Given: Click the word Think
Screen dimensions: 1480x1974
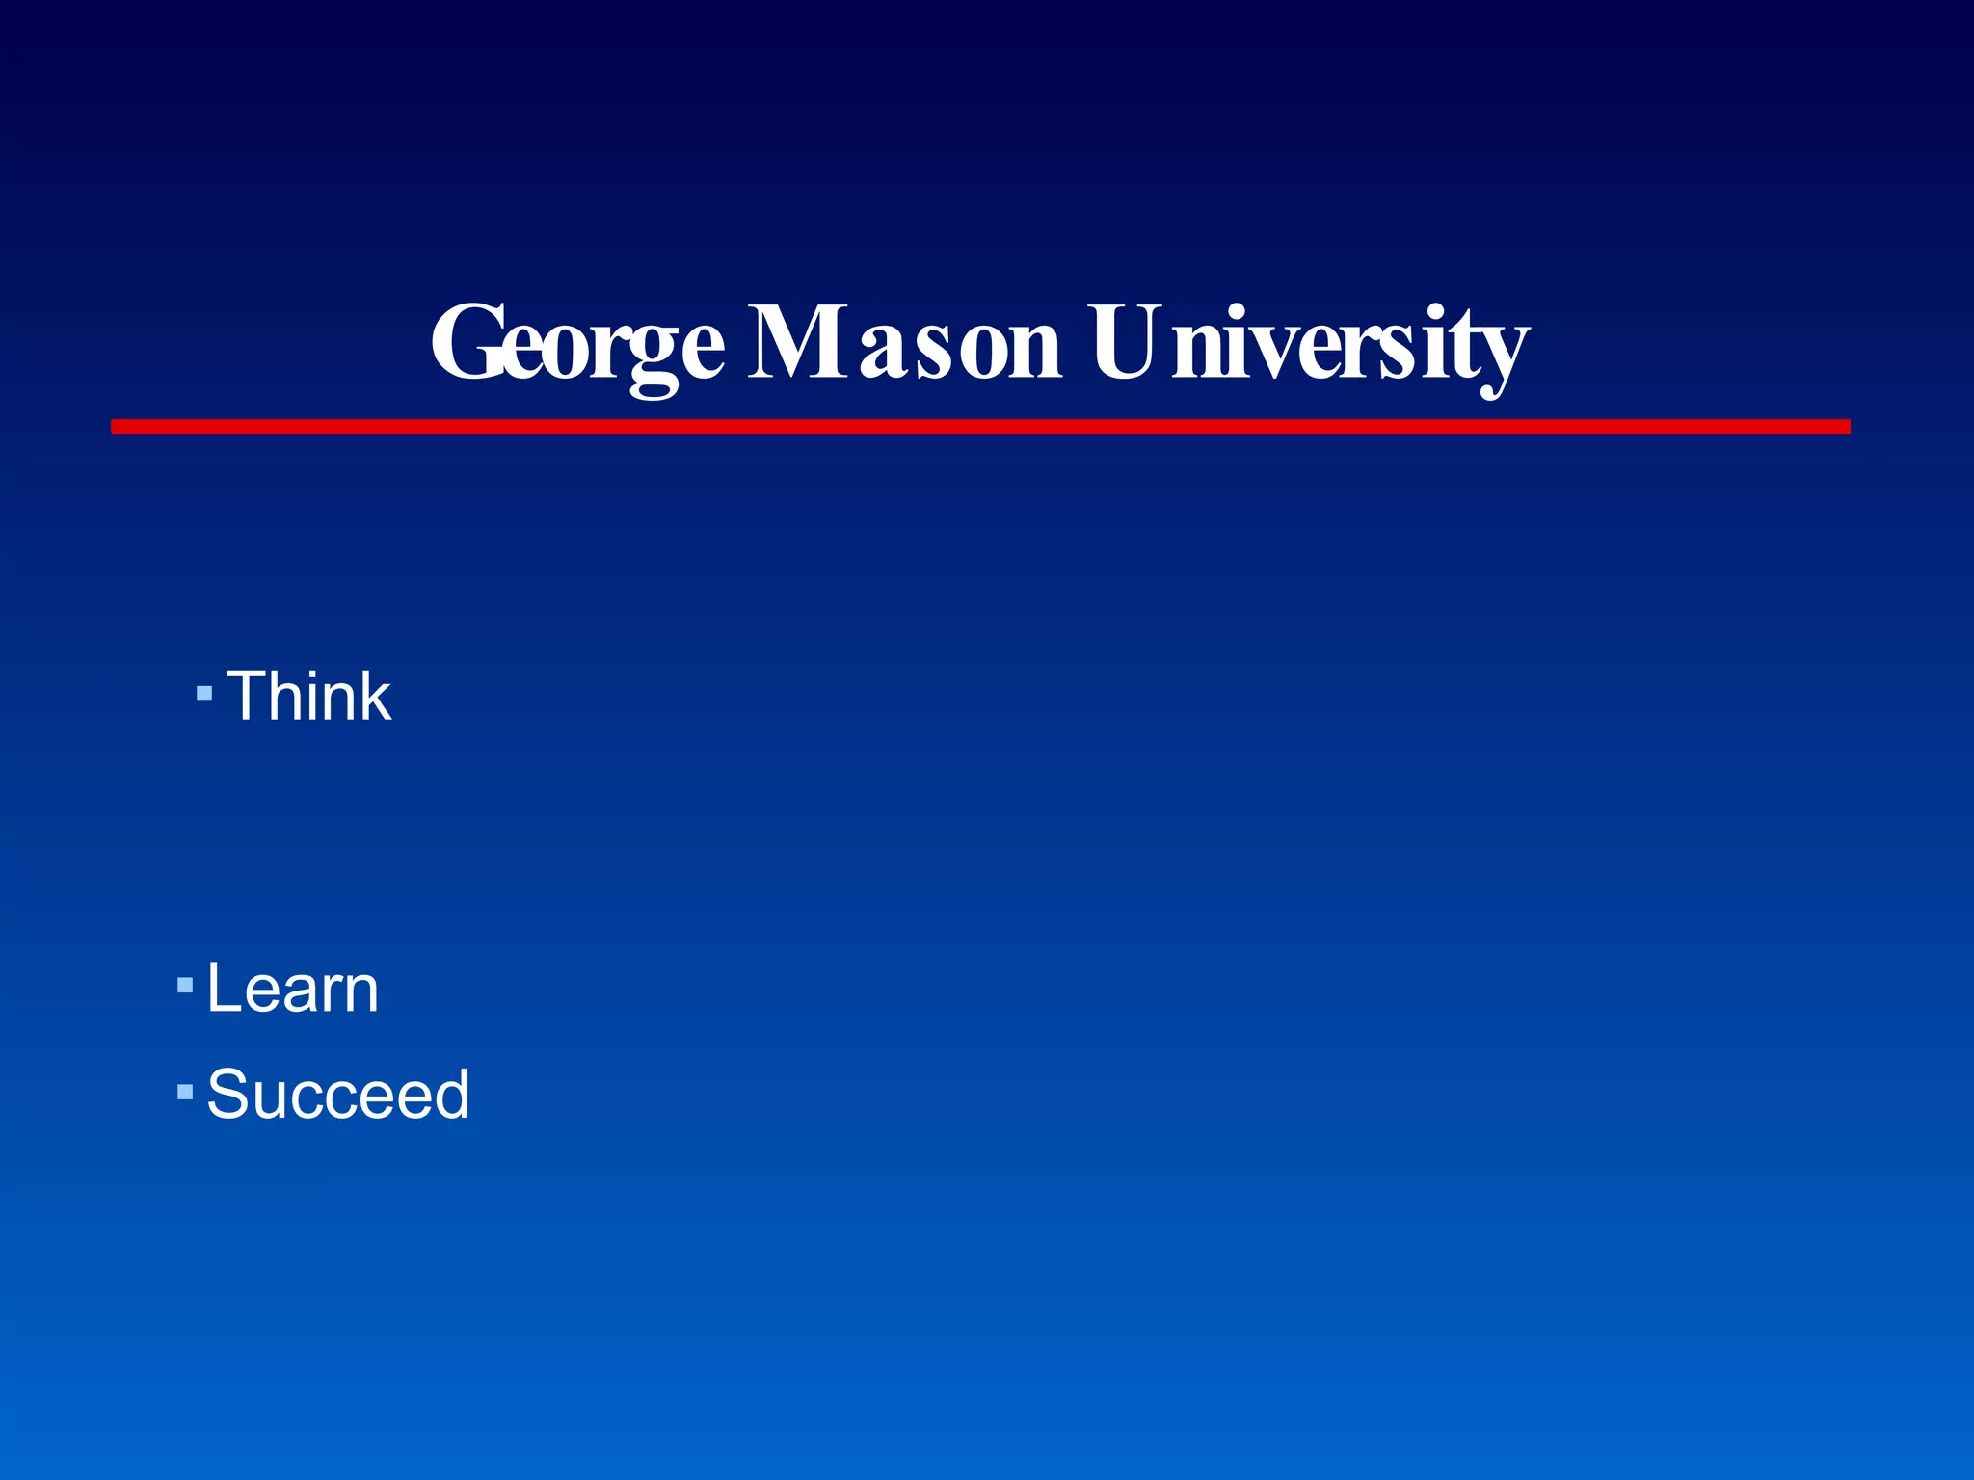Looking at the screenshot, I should (309, 696).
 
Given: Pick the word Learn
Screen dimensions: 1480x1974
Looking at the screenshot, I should (293, 989).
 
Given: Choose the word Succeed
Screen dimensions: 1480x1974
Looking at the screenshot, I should (338, 1095).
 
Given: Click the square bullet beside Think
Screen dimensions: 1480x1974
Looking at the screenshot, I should (203, 693).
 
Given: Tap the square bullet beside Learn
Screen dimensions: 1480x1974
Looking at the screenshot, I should (185, 986).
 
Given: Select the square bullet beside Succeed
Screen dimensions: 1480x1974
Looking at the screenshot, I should (185, 1092).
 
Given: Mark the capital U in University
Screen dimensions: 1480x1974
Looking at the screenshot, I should (1129, 343).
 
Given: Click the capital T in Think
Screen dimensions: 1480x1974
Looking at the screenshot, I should (251, 696).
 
